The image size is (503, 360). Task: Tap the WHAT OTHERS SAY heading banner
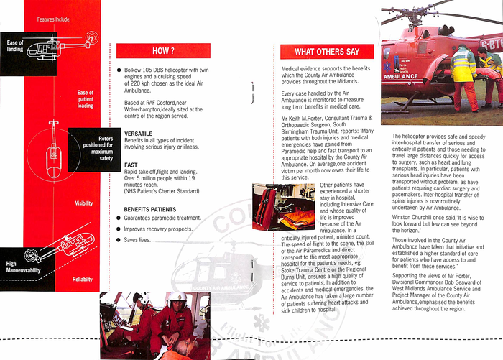point(326,52)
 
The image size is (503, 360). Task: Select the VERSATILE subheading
point(137,134)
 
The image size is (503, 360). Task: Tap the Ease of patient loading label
point(85,99)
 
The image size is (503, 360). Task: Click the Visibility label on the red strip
point(84,204)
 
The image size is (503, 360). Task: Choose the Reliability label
point(83,279)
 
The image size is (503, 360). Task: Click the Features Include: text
point(54,19)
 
